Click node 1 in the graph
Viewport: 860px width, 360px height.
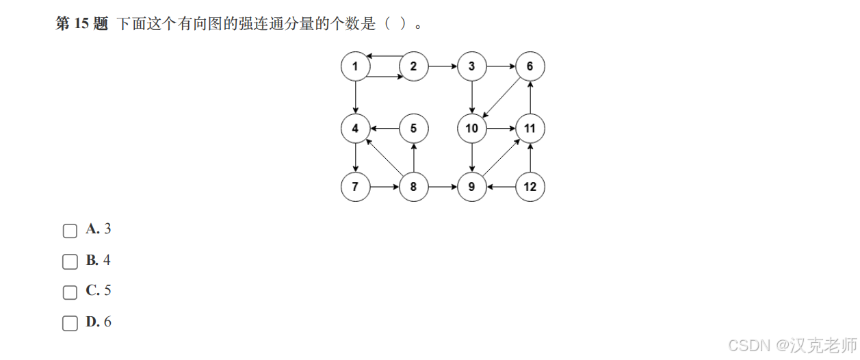point(355,66)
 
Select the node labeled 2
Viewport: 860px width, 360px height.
point(413,66)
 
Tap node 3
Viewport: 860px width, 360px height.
point(472,66)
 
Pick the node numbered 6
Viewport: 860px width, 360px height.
point(530,66)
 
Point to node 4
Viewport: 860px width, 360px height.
point(355,128)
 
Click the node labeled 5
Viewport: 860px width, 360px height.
point(413,128)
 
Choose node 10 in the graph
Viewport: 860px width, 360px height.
point(472,128)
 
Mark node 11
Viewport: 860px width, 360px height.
point(530,128)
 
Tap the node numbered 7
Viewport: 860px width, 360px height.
point(355,186)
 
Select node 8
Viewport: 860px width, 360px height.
point(413,186)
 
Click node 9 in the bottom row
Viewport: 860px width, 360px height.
point(472,186)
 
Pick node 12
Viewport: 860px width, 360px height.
point(530,186)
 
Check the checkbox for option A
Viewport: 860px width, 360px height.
point(70,231)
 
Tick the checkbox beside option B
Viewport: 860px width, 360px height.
point(70,261)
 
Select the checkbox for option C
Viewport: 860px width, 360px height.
point(70,292)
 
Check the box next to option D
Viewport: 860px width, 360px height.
point(70,323)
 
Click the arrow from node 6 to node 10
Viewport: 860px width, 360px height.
point(501,97)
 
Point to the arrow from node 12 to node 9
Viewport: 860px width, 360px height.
point(501,186)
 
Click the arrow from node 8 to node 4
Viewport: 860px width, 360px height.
point(385,157)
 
